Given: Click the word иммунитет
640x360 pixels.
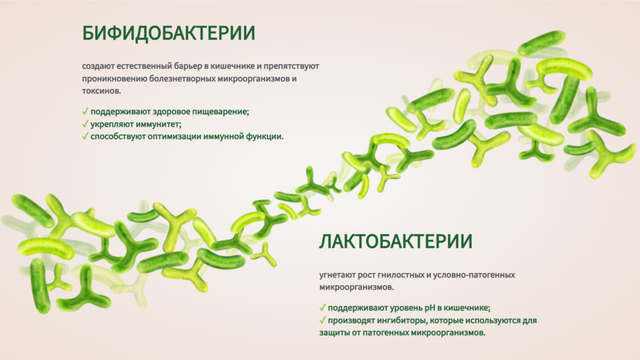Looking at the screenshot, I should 157,123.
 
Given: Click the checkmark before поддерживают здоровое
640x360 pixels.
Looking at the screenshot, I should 86,111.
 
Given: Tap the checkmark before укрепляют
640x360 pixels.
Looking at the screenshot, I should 86,123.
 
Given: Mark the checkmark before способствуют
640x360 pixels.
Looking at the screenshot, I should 86,136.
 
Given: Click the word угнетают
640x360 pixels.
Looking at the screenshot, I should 340,273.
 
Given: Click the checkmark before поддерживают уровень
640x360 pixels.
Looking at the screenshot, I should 323,308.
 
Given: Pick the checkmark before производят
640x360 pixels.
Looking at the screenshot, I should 323,320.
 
